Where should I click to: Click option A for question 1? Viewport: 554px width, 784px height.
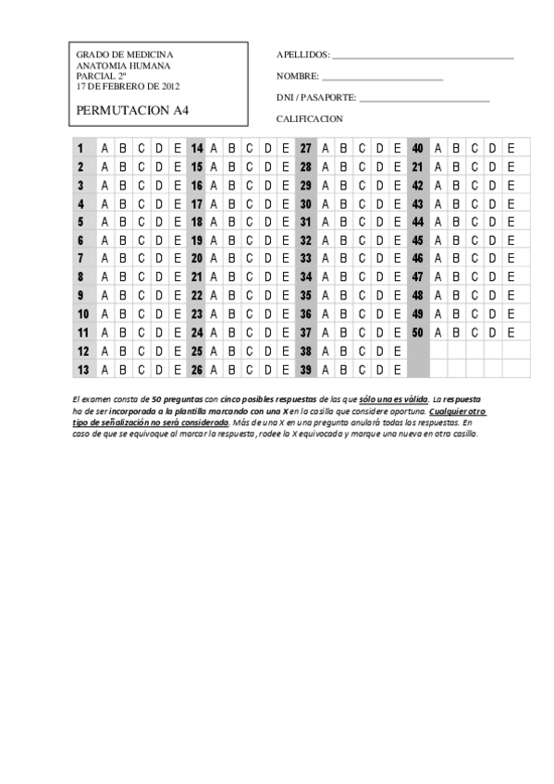click(x=105, y=149)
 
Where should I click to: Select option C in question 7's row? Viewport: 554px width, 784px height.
click(x=141, y=258)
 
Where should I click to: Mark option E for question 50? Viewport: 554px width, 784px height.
click(x=511, y=332)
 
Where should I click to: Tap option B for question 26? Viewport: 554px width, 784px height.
click(x=232, y=370)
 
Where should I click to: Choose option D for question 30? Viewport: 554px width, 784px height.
click(x=379, y=203)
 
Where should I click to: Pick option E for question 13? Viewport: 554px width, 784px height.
click(x=178, y=370)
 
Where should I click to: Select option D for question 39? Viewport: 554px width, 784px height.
click(x=379, y=370)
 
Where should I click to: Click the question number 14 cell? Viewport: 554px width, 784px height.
click(x=197, y=149)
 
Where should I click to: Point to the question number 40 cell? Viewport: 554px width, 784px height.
click(x=418, y=149)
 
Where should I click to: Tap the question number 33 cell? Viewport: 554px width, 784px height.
click(x=306, y=258)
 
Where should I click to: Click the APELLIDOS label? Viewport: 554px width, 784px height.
click(x=302, y=55)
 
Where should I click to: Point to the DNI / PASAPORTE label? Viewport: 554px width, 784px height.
click(x=316, y=98)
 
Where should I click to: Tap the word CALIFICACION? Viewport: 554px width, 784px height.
click(x=310, y=119)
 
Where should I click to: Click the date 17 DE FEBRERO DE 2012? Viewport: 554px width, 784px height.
click(x=128, y=87)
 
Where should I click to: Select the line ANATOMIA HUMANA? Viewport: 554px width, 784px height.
click(x=117, y=67)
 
